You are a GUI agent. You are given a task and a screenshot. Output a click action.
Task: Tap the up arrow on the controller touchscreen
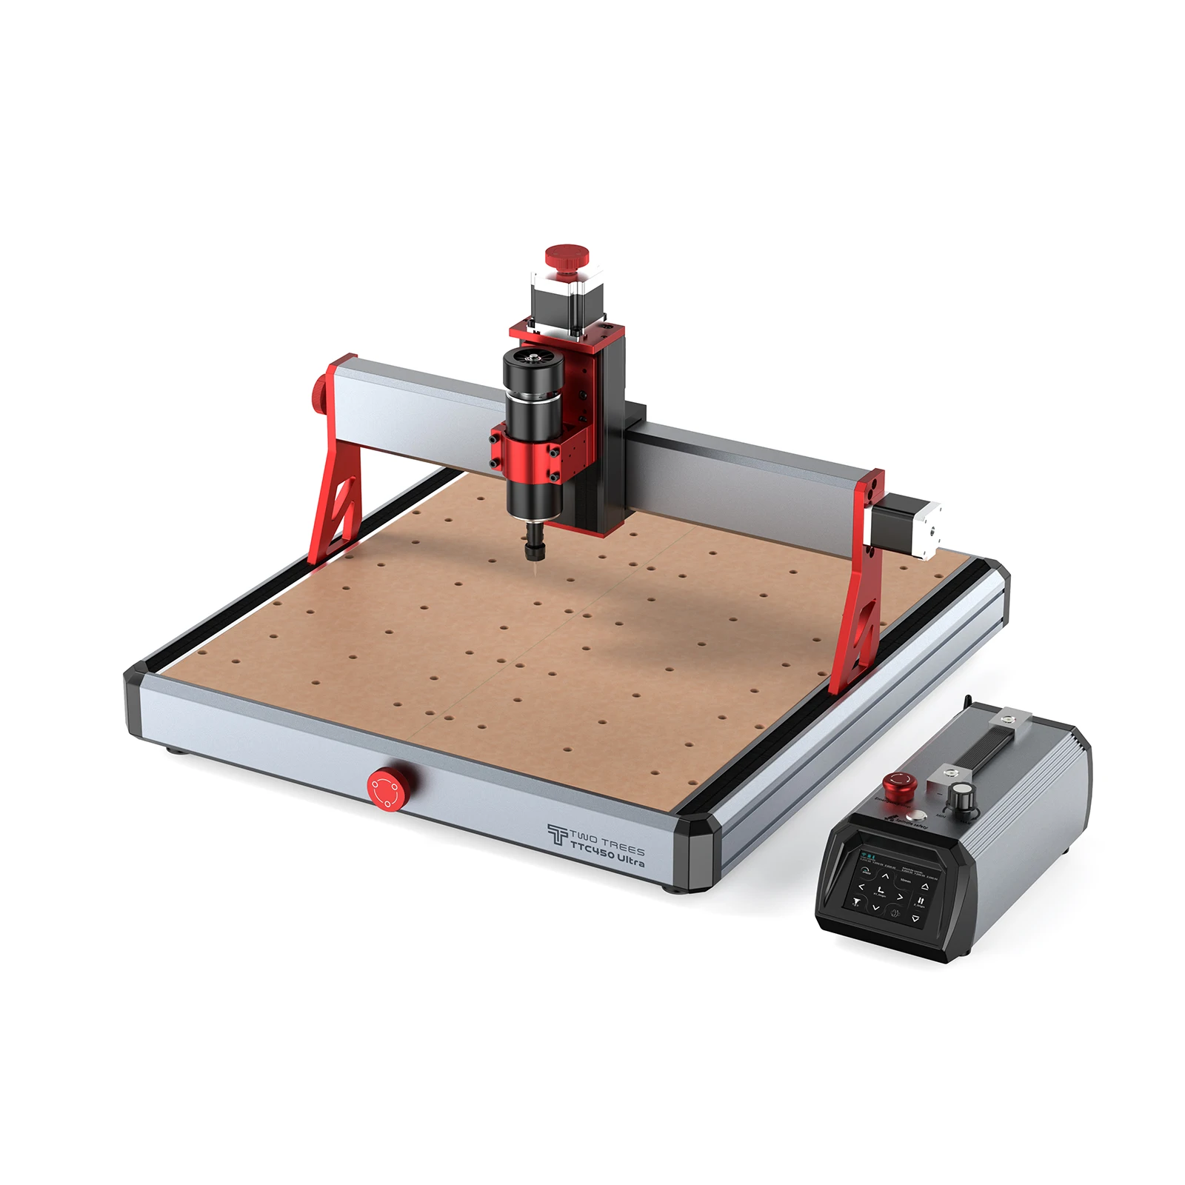885,876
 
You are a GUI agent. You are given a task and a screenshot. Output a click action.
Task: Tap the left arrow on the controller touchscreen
861,887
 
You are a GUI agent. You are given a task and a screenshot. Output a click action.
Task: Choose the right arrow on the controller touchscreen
901,898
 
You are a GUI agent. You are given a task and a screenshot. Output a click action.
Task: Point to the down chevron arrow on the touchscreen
876,908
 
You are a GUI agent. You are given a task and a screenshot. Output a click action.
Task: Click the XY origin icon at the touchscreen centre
881,891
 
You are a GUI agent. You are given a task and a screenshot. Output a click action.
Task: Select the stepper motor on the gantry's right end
909,527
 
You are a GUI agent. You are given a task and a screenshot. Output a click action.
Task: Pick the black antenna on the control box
968,704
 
